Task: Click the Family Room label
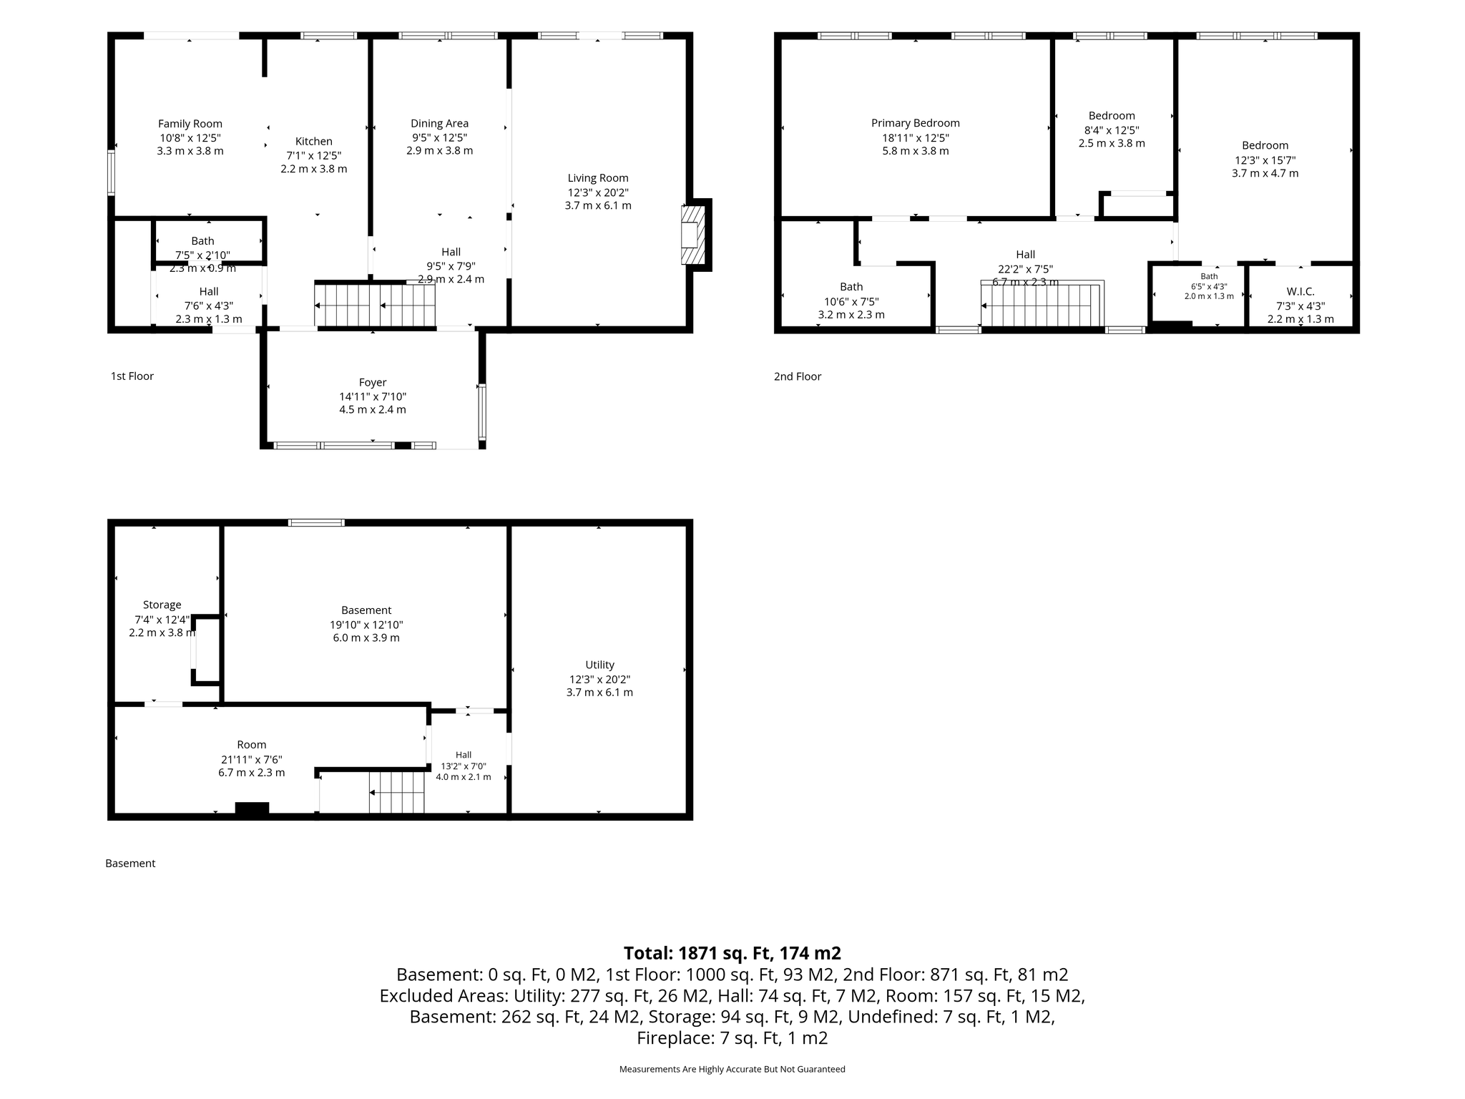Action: (190, 124)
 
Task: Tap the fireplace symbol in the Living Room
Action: (693, 235)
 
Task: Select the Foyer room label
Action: (373, 383)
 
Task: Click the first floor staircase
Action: (375, 306)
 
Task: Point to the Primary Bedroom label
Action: (916, 123)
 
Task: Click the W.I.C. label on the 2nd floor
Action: (1300, 291)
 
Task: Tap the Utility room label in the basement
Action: (600, 665)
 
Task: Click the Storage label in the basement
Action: (162, 605)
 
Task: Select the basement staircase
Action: (397, 792)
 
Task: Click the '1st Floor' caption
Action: (132, 376)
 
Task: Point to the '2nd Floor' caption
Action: (798, 376)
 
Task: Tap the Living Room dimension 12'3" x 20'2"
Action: (598, 192)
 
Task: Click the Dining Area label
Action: (439, 124)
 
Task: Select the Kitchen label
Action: (314, 141)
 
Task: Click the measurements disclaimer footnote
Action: (732, 1069)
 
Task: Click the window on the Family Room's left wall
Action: (111, 172)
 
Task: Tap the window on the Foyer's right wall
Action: (482, 412)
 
